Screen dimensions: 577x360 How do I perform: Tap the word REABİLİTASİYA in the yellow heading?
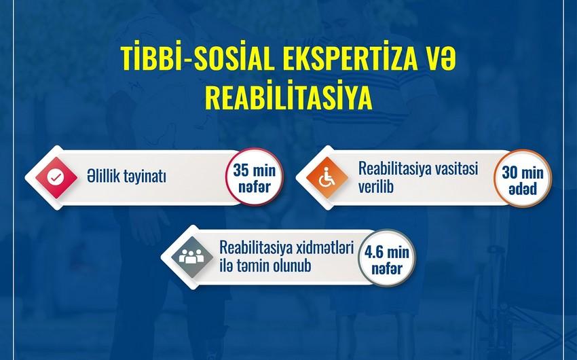coord(288,98)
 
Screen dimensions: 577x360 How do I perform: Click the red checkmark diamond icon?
coord(56,178)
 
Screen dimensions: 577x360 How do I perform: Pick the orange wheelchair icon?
coord(327,177)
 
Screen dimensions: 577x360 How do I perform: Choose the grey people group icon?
coord(191,257)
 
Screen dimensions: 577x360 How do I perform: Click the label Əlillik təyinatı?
coord(126,177)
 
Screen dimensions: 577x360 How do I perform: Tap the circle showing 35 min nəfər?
coord(255,177)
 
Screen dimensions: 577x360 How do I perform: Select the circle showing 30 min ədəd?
coord(523,179)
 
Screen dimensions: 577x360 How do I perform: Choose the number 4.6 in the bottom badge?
coord(374,252)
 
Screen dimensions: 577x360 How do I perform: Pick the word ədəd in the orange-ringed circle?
coord(523,190)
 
